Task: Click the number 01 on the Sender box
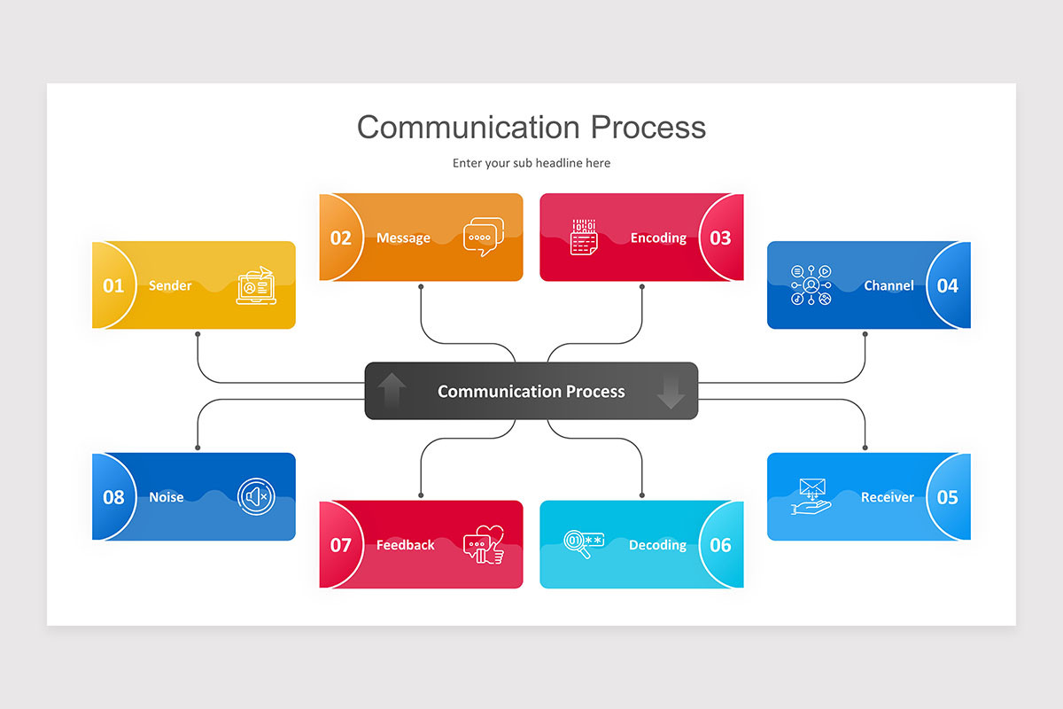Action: coord(113,285)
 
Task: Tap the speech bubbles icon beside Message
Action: coord(483,237)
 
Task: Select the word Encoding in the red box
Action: coord(658,238)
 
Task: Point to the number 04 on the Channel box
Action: coord(947,285)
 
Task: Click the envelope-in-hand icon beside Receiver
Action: coord(811,496)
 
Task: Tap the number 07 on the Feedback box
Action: coord(341,545)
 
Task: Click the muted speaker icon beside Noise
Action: coord(256,496)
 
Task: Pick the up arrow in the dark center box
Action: coord(392,391)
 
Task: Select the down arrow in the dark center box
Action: coord(671,391)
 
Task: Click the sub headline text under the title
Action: coord(531,163)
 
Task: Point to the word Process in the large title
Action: coord(648,127)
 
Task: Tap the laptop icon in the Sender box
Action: coord(256,285)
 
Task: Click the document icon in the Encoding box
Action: coord(584,238)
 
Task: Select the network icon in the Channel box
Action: coord(811,285)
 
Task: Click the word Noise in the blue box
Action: coord(167,497)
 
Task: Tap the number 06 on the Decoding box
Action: coord(720,545)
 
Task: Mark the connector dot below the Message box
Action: coord(421,287)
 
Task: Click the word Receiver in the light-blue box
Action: coord(887,497)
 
